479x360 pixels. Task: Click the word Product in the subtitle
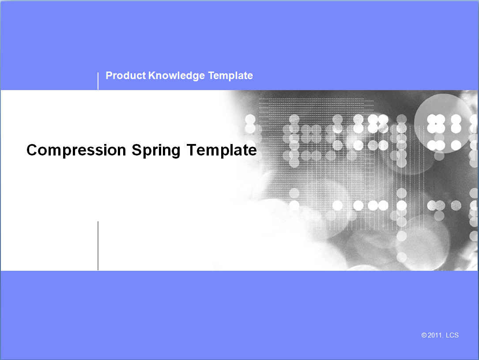click(x=125, y=76)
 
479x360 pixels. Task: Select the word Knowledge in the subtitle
click(x=177, y=76)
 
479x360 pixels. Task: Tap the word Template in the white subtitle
click(x=230, y=76)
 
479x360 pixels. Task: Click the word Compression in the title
click(x=76, y=150)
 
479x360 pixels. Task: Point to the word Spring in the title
click(x=156, y=151)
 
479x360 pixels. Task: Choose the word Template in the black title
click(x=222, y=150)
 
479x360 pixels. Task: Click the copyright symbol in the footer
click(x=424, y=335)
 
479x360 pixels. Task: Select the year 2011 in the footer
click(x=435, y=335)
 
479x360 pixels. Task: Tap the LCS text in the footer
click(x=452, y=335)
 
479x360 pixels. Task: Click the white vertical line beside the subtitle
click(x=98, y=81)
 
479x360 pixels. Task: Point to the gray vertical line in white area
click(x=98, y=246)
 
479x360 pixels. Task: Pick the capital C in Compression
click(x=33, y=150)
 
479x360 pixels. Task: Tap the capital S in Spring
click(x=137, y=150)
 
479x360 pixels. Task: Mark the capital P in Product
click(x=109, y=76)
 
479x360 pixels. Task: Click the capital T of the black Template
click(x=192, y=150)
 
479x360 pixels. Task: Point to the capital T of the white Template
click(x=211, y=76)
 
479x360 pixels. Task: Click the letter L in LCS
click(x=448, y=335)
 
